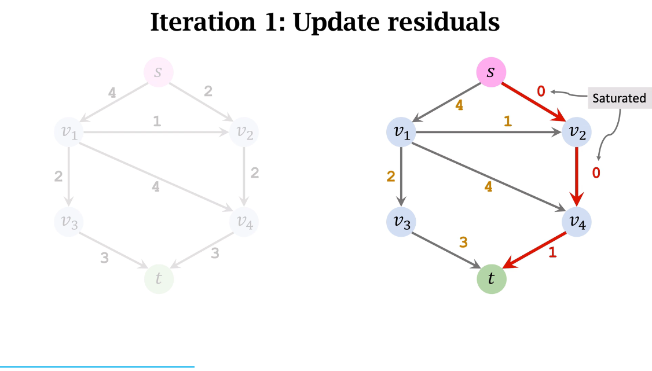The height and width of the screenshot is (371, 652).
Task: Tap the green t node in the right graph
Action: (491, 279)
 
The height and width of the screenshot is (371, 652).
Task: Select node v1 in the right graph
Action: (402, 132)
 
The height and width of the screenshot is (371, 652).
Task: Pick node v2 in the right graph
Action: (577, 132)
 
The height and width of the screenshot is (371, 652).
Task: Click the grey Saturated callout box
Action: (619, 98)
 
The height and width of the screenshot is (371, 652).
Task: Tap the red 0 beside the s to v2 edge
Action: (541, 91)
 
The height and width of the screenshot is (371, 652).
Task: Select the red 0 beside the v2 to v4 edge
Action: (596, 172)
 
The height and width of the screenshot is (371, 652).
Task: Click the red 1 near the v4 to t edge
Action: (552, 252)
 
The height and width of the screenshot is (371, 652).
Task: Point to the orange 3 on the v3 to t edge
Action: (463, 243)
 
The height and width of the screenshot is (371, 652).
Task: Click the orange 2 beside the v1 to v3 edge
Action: (391, 177)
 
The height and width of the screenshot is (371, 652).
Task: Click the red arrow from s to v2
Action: (533, 102)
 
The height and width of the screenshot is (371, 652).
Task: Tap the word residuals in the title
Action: (443, 23)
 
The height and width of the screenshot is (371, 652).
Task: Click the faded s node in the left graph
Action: (159, 73)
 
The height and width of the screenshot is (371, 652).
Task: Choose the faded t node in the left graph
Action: (159, 278)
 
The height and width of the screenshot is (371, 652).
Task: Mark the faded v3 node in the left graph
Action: (69, 222)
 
